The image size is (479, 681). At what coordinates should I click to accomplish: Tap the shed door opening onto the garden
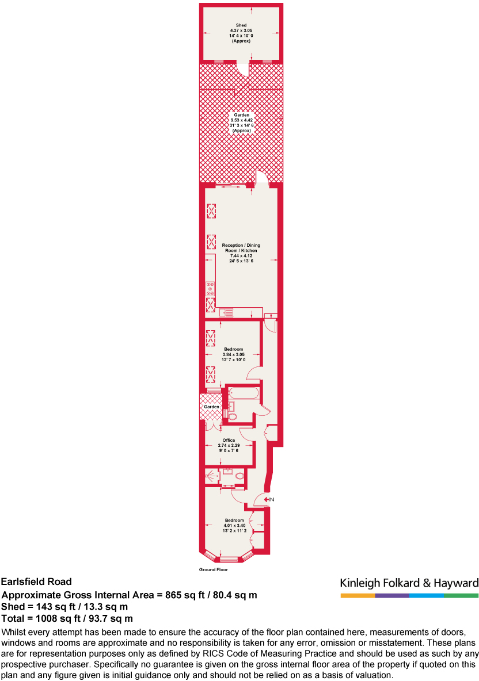[x=245, y=69]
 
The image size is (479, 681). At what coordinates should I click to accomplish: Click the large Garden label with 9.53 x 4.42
[x=241, y=115]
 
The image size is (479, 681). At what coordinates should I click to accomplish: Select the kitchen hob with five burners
[x=211, y=288]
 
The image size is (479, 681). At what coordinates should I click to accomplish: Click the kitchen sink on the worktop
[x=226, y=313]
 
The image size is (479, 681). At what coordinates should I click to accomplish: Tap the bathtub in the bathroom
[x=243, y=394]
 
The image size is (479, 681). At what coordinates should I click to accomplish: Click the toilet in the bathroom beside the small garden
[x=232, y=416]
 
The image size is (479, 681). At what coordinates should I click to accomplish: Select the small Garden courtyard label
[x=211, y=407]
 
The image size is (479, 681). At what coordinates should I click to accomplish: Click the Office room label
[x=229, y=441]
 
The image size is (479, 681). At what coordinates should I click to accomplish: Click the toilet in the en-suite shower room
[x=239, y=476]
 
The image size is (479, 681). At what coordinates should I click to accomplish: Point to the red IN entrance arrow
[x=268, y=500]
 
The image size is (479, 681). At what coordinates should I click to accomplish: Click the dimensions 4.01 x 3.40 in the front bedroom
[x=234, y=525]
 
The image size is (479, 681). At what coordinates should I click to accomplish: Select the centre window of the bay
[x=229, y=559]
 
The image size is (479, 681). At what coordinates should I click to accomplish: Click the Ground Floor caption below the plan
[x=213, y=570]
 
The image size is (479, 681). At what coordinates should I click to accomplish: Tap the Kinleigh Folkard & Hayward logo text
[x=409, y=582]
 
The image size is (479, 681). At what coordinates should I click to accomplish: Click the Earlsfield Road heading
[x=37, y=582]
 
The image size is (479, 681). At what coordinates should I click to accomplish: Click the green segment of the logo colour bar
[x=461, y=595]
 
